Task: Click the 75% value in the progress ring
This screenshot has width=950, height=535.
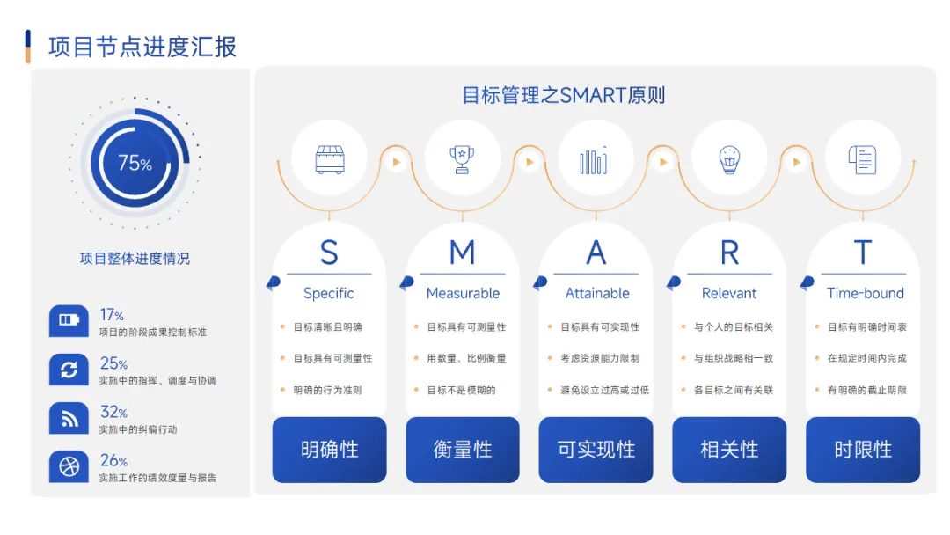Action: point(135,163)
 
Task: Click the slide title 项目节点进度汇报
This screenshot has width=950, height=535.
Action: point(142,47)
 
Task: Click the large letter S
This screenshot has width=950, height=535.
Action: point(329,253)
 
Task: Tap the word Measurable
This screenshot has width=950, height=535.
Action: point(463,293)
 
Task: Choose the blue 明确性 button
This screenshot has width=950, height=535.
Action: point(329,450)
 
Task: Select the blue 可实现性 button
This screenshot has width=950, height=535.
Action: point(596,450)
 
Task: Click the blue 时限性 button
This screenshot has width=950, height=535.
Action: point(863,450)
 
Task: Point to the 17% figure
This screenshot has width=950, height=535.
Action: point(112,315)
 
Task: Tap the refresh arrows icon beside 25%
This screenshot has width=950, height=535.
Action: point(69,370)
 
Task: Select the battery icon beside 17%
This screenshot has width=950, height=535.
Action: point(69,320)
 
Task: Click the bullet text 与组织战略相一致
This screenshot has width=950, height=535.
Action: point(733,358)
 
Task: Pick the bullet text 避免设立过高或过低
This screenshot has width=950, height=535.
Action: point(604,390)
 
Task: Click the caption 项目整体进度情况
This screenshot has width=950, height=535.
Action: point(135,259)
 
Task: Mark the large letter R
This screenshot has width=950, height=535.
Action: point(729,253)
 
